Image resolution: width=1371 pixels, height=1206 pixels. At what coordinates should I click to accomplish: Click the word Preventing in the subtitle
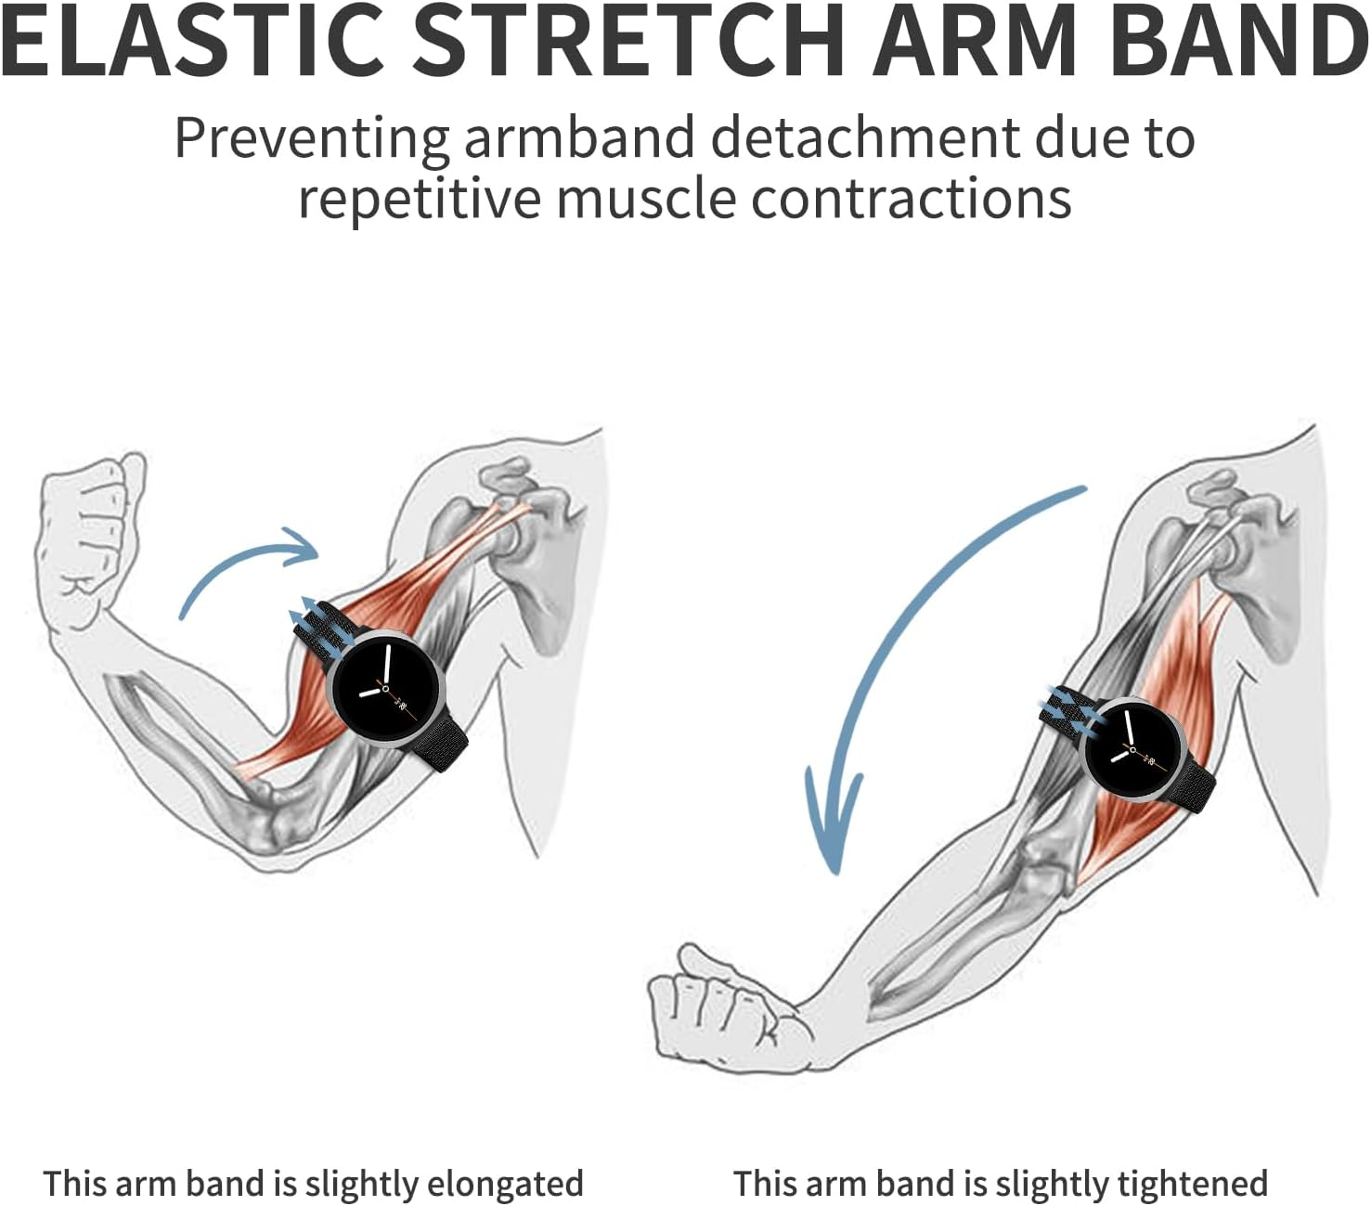311,139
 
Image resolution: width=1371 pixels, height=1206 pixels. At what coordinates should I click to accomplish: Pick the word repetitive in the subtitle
419,199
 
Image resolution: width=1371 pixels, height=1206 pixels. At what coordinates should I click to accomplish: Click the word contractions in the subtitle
911,199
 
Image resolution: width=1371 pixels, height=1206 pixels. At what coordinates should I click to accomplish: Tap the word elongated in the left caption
504,1184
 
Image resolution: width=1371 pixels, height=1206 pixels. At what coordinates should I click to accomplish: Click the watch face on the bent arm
389,687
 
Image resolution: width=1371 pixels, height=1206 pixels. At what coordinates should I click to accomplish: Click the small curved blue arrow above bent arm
246,566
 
